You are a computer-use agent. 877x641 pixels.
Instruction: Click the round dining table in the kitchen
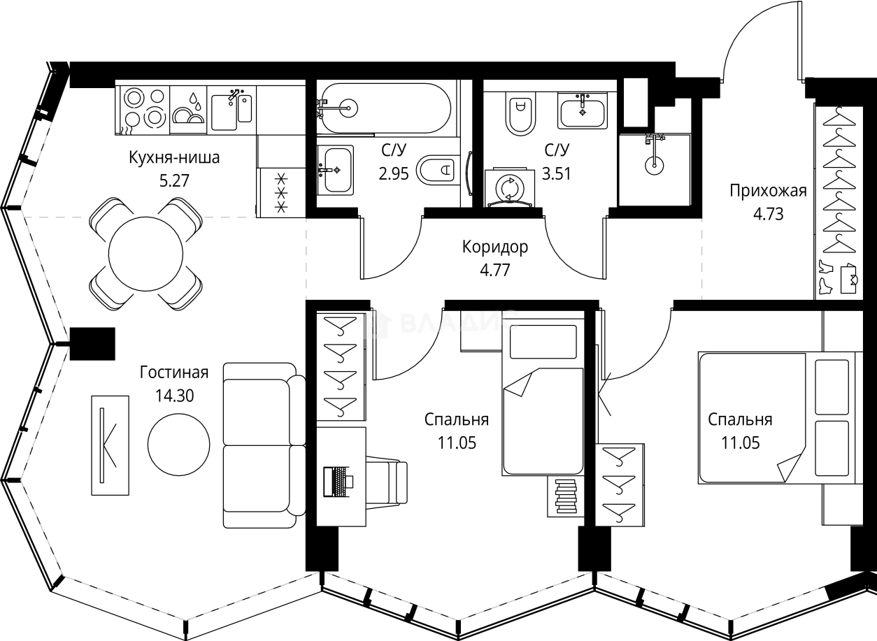point(145,253)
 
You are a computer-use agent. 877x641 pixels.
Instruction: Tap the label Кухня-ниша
point(174,157)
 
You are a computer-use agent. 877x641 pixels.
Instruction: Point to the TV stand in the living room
point(110,445)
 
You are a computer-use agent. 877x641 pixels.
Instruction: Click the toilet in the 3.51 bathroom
point(519,115)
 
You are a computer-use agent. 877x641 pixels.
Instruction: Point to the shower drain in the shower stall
point(653,165)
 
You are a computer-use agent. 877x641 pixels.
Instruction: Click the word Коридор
point(494,247)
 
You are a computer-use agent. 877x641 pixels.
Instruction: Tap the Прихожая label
point(768,190)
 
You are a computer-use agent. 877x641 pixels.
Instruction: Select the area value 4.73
point(768,213)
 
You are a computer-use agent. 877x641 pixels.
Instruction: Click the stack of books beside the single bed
point(565,497)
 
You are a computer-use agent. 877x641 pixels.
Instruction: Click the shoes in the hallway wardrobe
point(825,277)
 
